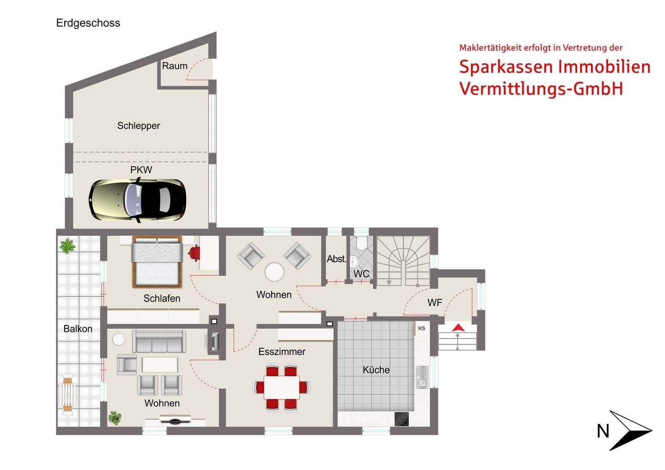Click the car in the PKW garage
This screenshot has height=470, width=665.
[138, 200]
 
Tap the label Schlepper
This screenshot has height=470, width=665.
[139, 126]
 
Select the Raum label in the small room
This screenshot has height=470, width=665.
[175, 66]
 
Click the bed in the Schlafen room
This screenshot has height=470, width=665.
[156, 261]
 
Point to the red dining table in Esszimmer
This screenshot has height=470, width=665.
[281, 387]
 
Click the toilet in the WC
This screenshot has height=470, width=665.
[361, 242]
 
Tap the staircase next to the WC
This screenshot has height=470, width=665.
[403, 261]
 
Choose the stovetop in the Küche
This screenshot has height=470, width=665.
[401, 419]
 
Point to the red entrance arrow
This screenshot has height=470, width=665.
[458, 327]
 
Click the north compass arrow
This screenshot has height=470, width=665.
[630, 430]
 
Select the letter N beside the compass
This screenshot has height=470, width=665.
[603, 431]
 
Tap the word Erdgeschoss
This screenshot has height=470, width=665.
[88, 23]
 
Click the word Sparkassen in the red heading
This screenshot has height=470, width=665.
[506, 67]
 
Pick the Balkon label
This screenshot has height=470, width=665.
[78, 329]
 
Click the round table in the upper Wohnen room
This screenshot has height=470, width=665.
[274, 272]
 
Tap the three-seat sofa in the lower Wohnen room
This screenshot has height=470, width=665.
[159, 341]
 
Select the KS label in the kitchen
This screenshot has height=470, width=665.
[421, 328]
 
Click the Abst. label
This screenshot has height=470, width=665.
[336, 259]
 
